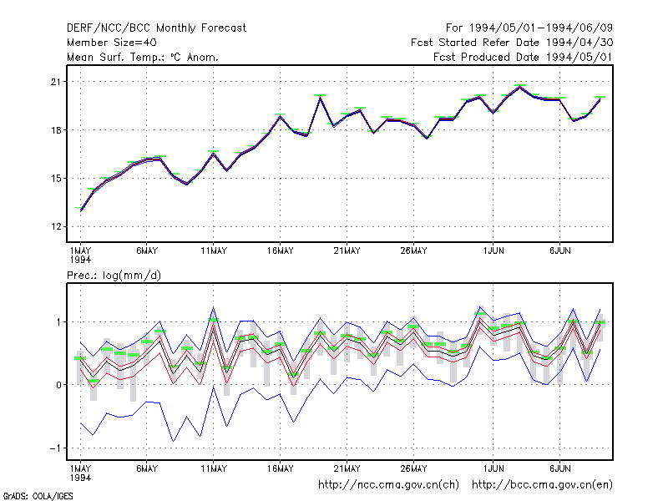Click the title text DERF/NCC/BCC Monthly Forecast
[x=156, y=28]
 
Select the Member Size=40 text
[x=112, y=43]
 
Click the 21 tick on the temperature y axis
[x=56, y=82]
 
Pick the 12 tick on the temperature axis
[x=56, y=226]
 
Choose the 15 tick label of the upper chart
[x=56, y=179]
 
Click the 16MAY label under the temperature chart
[x=281, y=251]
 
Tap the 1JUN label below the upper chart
[x=493, y=251]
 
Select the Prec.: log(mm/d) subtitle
[x=114, y=276]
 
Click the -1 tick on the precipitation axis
[x=55, y=448]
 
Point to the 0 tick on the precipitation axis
[x=58, y=385]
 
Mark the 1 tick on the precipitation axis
[x=58, y=322]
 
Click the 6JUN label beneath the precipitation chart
[x=559, y=468]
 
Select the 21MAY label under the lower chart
[x=347, y=468]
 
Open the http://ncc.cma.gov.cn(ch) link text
[x=388, y=485]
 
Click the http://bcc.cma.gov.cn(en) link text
[x=542, y=485]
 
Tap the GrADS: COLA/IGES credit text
[x=38, y=496]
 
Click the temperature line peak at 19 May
[x=320, y=98]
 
